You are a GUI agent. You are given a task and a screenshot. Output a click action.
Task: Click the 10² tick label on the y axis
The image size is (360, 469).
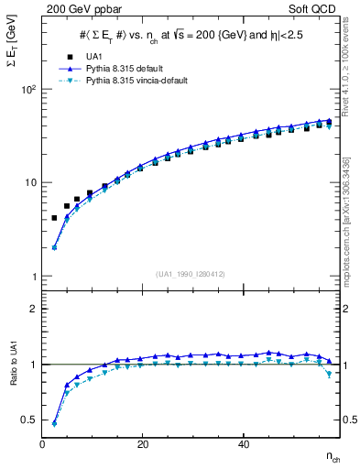tap(28, 89)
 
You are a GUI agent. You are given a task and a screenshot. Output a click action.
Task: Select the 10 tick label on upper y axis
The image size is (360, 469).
tap(31, 182)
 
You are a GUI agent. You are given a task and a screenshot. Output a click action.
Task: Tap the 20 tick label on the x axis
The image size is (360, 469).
tap(142, 444)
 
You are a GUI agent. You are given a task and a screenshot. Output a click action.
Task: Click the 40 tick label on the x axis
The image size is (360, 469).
tap(243, 444)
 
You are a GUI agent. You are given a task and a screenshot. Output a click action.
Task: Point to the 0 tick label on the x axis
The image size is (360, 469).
tap(42, 444)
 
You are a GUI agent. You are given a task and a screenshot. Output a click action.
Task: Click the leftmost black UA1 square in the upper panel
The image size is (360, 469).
tap(54, 218)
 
